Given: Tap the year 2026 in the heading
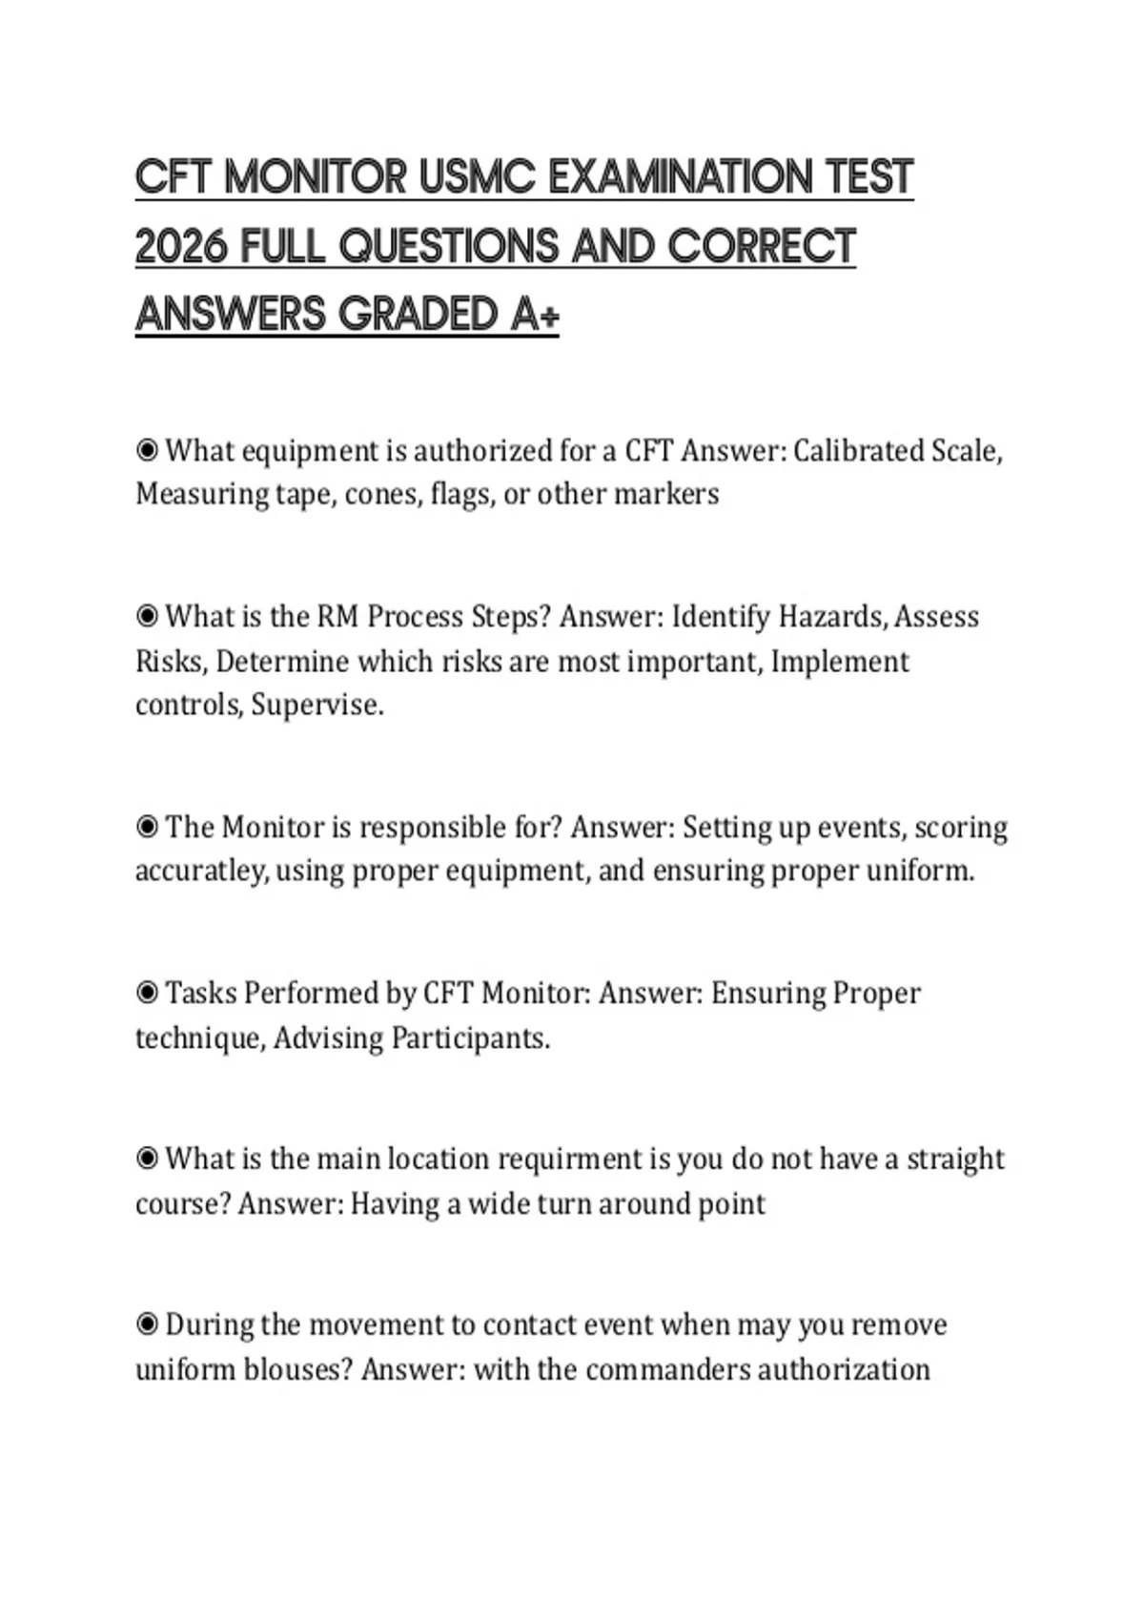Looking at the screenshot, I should point(181,247).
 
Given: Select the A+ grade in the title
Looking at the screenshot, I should point(534,315).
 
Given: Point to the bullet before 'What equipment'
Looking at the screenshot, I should point(147,449).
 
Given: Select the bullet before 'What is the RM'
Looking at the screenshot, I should point(147,616).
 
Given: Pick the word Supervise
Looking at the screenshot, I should point(317,706).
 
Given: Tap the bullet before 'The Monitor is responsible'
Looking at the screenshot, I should point(147,826).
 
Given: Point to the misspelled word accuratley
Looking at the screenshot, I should point(201,872).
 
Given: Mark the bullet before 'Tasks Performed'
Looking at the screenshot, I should point(147,993).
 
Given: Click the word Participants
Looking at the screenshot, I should point(471,1037).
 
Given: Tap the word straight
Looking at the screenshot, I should point(955,1159).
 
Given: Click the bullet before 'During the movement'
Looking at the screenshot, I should point(147,1324).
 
